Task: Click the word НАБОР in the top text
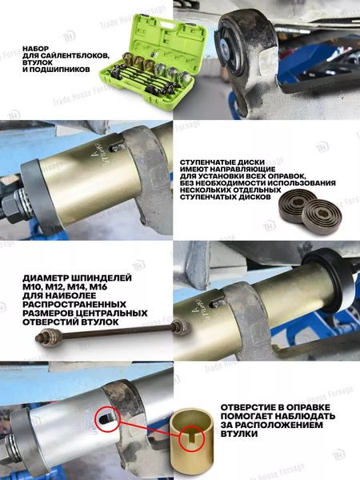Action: point(38,48)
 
